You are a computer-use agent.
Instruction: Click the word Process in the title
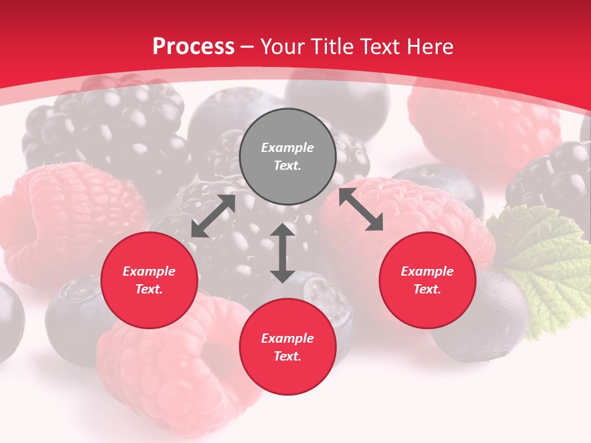point(193,47)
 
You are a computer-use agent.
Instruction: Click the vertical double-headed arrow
point(283,253)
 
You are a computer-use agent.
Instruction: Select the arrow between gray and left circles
point(213,217)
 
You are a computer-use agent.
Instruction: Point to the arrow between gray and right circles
point(361,209)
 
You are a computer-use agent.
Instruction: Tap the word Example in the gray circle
point(287,148)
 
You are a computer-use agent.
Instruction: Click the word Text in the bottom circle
point(287,356)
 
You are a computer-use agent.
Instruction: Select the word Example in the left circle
point(149,271)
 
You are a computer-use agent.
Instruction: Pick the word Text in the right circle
point(427,289)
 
